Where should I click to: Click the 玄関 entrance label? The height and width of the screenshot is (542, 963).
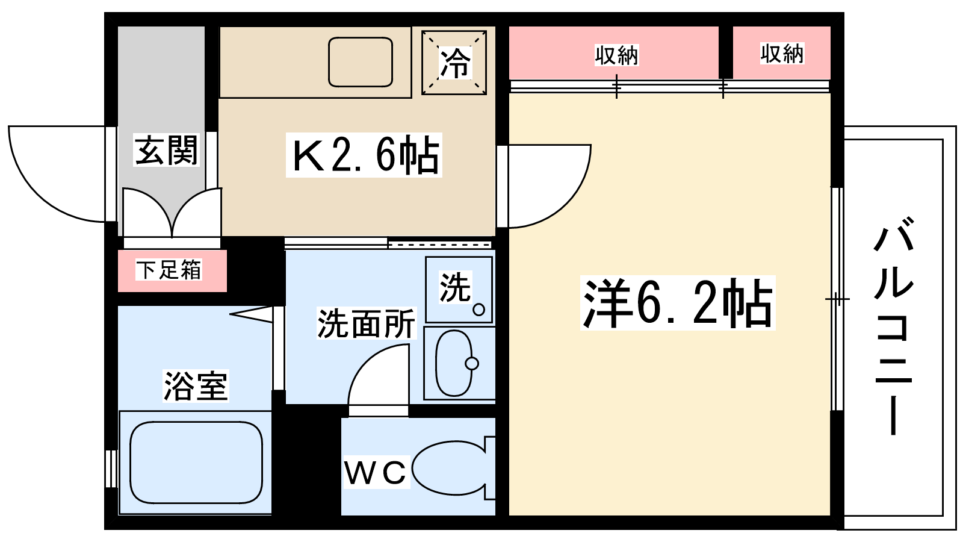point(166,150)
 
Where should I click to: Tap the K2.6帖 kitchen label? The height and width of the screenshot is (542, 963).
point(364,155)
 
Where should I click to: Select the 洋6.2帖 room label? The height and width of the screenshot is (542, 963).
point(678,303)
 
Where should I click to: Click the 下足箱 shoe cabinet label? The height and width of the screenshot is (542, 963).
point(169,270)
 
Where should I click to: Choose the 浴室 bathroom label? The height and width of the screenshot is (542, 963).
point(196,385)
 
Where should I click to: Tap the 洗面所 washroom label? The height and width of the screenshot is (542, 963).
point(366,323)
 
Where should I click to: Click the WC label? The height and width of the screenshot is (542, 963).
point(376,473)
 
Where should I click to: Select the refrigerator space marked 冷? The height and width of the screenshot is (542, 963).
point(454,63)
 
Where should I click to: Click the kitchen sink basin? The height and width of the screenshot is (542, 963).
point(361,62)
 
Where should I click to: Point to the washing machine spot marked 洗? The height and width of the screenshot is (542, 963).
point(459,289)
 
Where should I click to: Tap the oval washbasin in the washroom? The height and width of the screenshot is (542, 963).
point(454,363)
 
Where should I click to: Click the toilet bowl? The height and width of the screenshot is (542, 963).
point(448,469)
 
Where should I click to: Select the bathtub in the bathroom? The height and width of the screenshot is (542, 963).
point(196,462)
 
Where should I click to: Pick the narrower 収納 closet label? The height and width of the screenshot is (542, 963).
point(781,54)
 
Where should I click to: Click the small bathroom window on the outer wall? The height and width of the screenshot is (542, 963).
point(111,468)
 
